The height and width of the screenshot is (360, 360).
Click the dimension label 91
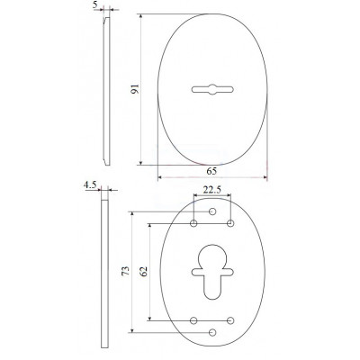pos(136,89)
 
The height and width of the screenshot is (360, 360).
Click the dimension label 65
pos(211,171)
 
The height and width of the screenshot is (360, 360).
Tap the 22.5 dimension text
pos(212,190)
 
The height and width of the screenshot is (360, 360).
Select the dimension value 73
pos(126,271)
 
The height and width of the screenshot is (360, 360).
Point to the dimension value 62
pos(144,272)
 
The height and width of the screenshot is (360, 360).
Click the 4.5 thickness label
pos(90,185)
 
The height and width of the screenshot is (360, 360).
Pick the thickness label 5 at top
pos(95,5)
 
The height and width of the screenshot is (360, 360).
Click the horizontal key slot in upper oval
pos(212,89)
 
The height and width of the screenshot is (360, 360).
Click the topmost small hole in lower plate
pos(212,211)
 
